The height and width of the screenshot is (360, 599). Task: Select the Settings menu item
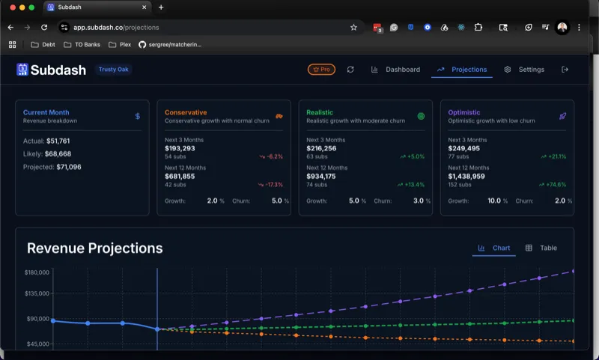[x=524, y=70]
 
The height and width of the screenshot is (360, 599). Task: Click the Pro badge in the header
[x=321, y=70]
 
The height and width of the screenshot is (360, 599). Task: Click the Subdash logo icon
[x=22, y=70]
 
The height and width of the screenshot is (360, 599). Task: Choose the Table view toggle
[x=541, y=248]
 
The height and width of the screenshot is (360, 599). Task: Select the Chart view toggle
[x=494, y=248]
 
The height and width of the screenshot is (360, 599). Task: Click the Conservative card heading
[x=186, y=112]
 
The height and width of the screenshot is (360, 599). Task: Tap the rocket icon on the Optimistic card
[x=562, y=116]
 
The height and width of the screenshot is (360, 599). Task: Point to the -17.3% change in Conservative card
[x=271, y=184]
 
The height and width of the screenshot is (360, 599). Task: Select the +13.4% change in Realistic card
[x=413, y=184]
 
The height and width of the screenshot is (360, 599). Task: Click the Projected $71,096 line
[x=52, y=167]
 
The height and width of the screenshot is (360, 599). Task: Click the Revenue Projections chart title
[x=94, y=248]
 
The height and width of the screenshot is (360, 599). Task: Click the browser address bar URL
[x=116, y=27]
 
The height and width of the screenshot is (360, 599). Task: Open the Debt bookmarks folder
[x=43, y=44]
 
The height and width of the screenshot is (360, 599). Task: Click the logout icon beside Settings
[x=565, y=70]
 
